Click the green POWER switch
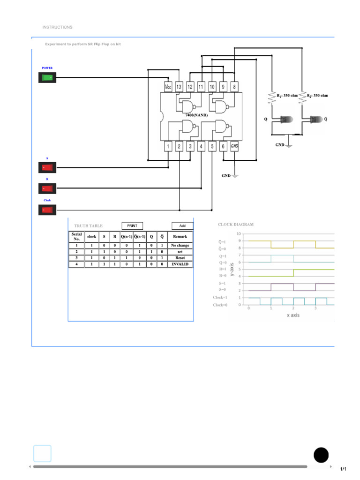[x=47, y=78]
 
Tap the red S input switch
[x=47, y=167]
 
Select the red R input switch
[x=47, y=188]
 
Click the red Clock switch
[x=47, y=210]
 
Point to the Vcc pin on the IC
[x=168, y=87]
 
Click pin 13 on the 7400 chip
[x=179, y=87]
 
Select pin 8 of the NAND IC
[x=234, y=87]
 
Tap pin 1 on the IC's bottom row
[x=168, y=146]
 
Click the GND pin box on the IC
[x=234, y=146]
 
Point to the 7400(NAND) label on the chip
[x=196, y=115]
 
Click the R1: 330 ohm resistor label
[x=287, y=96]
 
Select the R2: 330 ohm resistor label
[x=317, y=96]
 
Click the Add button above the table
[x=182, y=226]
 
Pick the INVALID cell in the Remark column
[x=180, y=264]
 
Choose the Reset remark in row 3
[x=180, y=258]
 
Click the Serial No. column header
[x=76, y=236]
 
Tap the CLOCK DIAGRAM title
[x=236, y=225]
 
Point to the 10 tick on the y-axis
[x=239, y=233]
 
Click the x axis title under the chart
[x=292, y=315]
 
